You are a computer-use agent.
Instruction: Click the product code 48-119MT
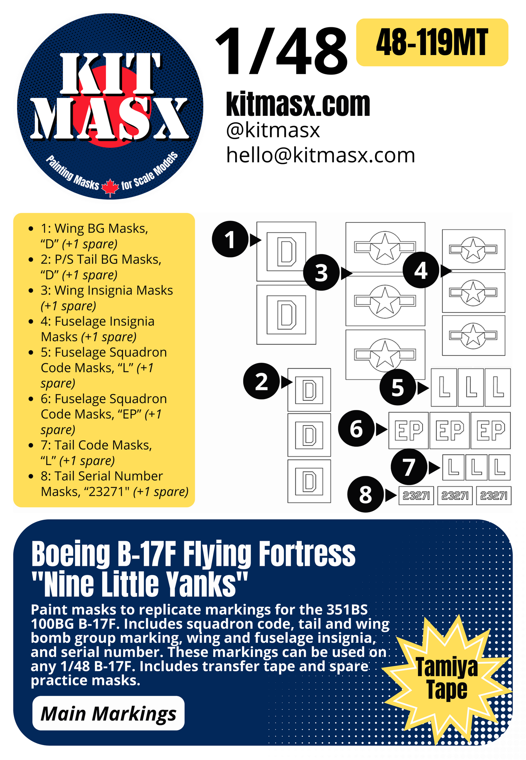click(432, 42)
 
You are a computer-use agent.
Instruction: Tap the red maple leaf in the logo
click(110, 188)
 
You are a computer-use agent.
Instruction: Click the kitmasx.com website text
click(298, 104)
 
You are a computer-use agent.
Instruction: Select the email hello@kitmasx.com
click(320, 155)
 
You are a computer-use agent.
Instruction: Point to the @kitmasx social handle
click(273, 130)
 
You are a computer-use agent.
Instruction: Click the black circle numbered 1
click(230, 239)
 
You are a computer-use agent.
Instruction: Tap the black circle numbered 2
click(261, 381)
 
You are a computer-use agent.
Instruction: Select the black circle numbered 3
click(321, 272)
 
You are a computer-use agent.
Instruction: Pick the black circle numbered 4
click(421, 270)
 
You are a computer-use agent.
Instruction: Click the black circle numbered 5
click(398, 387)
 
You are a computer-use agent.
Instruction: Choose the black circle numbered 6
click(356, 429)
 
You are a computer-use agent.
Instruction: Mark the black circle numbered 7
click(409, 467)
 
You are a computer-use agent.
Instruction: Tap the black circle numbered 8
click(365, 495)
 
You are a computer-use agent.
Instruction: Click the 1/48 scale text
click(281, 51)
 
